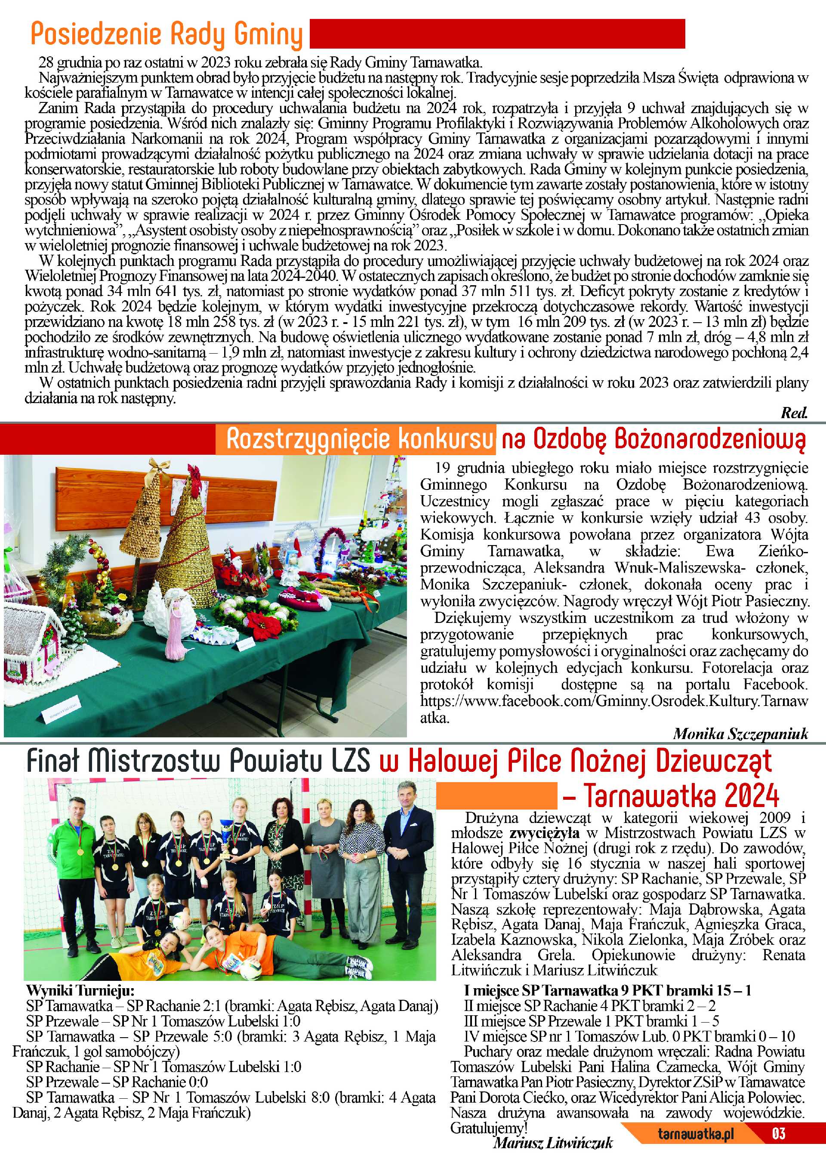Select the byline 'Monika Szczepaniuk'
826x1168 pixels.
point(740,733)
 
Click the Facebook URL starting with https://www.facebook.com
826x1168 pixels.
point(613,701)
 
